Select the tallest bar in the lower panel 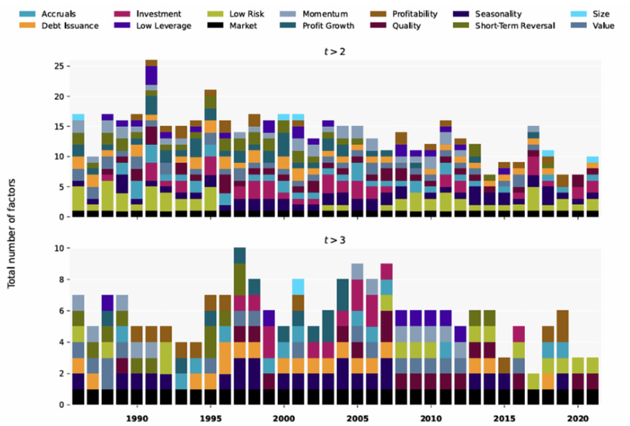click(239, 326)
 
